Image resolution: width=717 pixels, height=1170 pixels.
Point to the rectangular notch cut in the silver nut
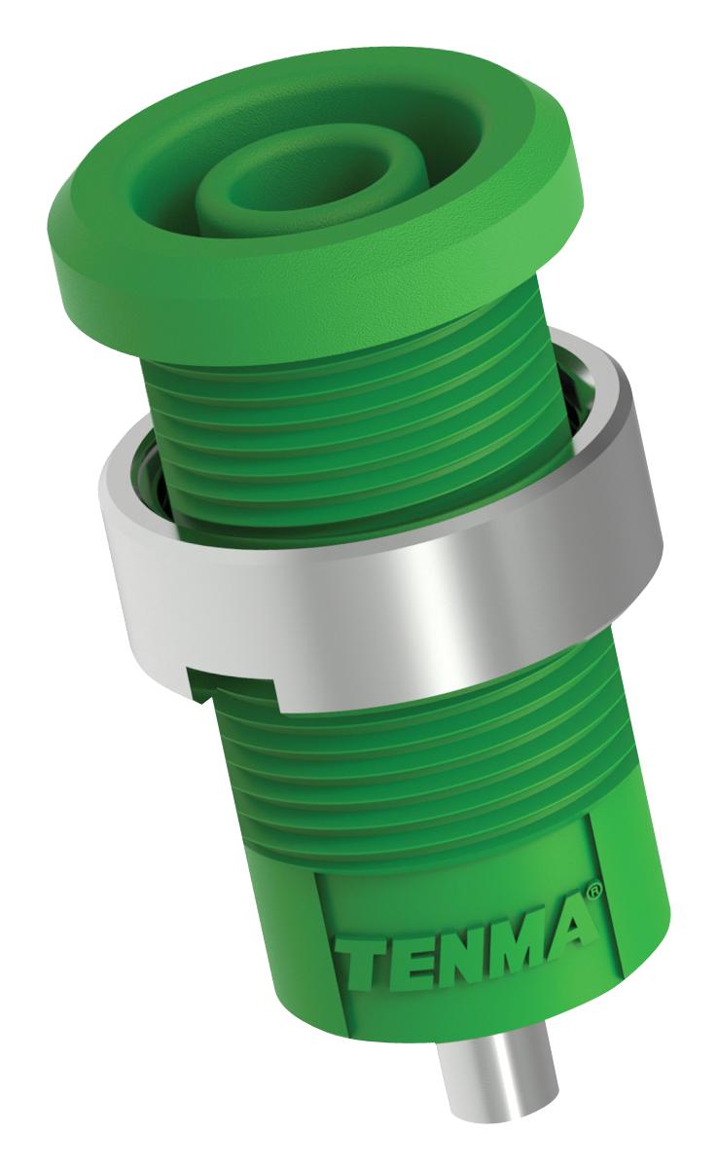243,686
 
